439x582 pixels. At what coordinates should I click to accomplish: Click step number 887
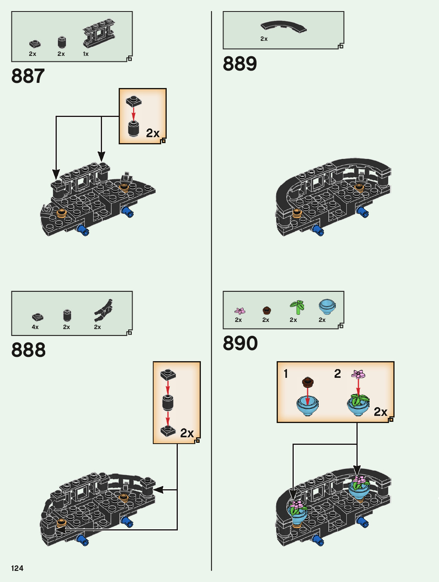pos(28,76)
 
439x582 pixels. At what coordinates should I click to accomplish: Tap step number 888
pos(28,350)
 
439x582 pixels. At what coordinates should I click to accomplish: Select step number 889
pos(240,63)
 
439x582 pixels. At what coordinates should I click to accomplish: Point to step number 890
pos(240,343)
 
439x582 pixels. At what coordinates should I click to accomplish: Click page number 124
pos(17,568)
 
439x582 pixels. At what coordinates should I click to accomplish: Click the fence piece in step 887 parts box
pos(99,33)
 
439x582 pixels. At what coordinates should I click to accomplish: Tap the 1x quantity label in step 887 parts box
pos(86,54)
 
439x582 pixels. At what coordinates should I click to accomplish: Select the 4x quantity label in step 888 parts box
pos(35,327)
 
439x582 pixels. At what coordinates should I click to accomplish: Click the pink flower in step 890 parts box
pos(240,311)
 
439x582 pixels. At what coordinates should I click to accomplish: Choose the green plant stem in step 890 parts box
pos(297,308)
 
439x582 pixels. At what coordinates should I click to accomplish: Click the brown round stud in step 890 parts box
pos(267,310)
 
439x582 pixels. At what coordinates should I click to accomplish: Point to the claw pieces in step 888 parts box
pos(103,310)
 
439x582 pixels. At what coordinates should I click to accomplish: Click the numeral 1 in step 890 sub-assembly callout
pos(286,373)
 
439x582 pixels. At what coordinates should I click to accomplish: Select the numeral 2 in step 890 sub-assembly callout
pos(337,373)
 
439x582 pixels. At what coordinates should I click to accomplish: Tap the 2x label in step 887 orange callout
pos(152,133)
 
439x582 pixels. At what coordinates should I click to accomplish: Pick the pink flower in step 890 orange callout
pos(358,374)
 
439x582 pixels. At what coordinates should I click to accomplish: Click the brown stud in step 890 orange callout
pos(308,382)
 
